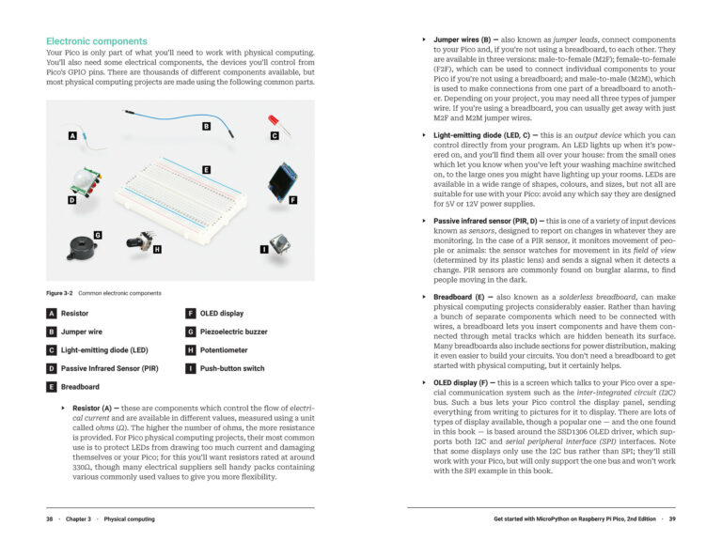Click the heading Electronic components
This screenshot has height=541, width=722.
(97, 41)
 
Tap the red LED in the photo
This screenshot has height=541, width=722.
(273, 122)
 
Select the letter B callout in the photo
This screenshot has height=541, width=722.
(205, 126)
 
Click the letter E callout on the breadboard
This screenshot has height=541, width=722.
(205, 169)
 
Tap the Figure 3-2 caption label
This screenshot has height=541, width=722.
(60, 293)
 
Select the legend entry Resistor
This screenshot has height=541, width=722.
(74, 313)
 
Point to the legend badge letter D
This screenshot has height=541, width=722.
(52, 368)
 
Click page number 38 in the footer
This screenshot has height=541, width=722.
(50, 518)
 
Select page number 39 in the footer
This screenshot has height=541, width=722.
(671, 518)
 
